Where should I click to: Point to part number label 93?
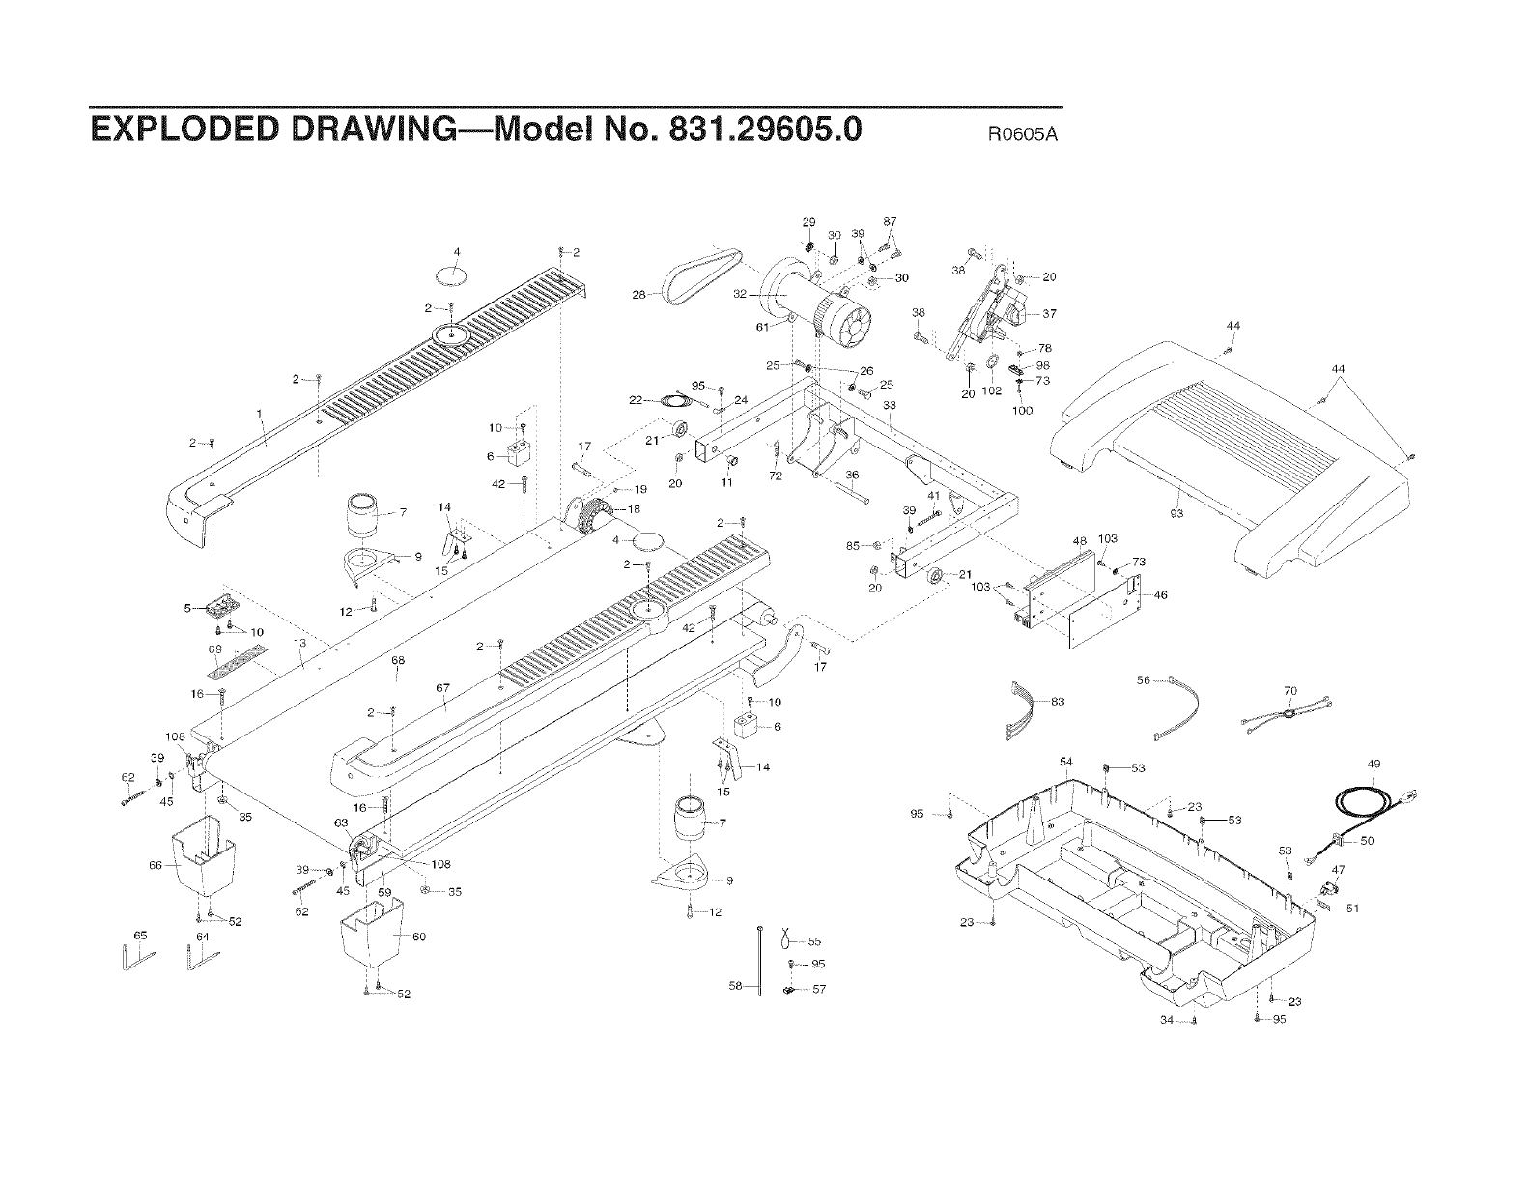coord(1176,513)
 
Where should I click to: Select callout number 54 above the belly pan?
coord(1065,763)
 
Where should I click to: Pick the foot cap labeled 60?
coord(372,935)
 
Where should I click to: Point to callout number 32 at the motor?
coord(741,294)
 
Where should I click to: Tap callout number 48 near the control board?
coord(1080,540)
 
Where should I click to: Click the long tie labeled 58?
coord(761,959)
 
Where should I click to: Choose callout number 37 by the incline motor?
coord(1050,314)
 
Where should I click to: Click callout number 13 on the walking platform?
coord(300,643)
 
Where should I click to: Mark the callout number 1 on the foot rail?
coord(260,414)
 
